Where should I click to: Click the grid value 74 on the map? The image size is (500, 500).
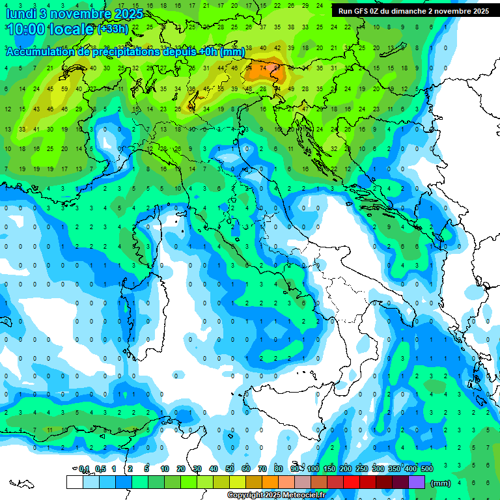tap(262, 66)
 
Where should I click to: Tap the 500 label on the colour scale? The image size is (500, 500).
tap(426, 469)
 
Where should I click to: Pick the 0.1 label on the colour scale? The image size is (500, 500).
tap(84, 469)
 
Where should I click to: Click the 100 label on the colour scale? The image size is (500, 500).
tap(313, 469)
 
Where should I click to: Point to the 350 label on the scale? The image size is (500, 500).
tap(394, 469)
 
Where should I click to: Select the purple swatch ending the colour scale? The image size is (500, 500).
tap(417, 482)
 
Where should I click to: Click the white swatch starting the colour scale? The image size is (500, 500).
tap(74, 482)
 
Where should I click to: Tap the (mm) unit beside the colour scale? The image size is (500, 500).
tap(441, 483)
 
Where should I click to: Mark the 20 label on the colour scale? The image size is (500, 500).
tap(181, 469)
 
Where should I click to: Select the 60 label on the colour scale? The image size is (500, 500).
tap(246, 469)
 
